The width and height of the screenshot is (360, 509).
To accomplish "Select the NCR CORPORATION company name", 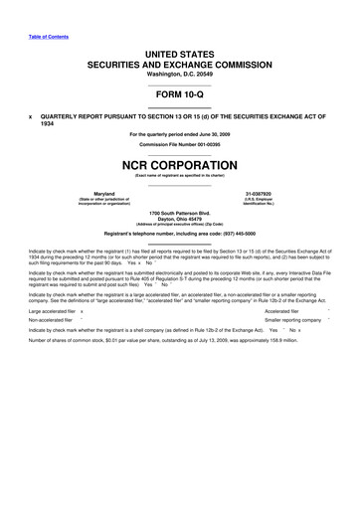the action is (180, 163).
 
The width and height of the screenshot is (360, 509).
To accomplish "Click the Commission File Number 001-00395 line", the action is (180, 144).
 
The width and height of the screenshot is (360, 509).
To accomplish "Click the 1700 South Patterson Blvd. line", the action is (180, 213).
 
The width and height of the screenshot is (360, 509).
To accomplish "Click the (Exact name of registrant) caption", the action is (180, 175).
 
